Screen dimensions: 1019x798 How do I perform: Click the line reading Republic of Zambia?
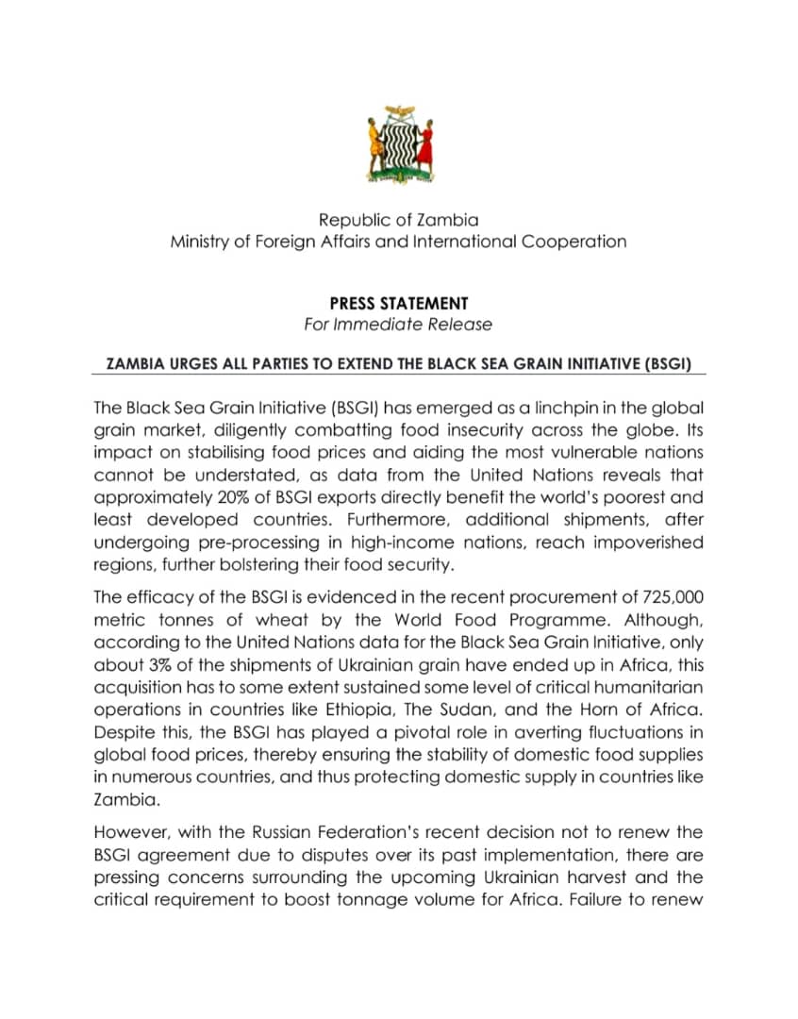point(398,220)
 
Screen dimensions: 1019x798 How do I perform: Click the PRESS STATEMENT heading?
point(398,303)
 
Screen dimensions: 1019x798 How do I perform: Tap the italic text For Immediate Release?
point(398,325)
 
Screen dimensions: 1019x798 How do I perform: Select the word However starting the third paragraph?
point(129,831)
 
